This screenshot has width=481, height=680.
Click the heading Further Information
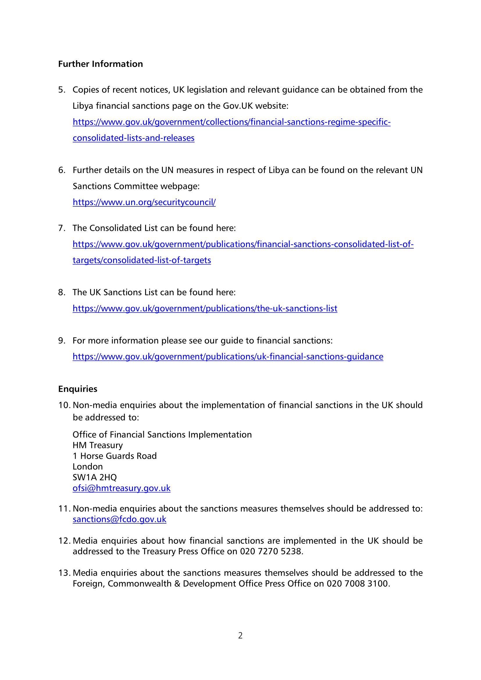(x=100, y=64)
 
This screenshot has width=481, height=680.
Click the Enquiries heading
(x=78, y=389)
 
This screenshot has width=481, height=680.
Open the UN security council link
(x=144, y=202)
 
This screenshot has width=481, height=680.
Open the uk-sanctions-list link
(x=205, y=309)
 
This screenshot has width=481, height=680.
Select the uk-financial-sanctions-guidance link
(x=228, y=357)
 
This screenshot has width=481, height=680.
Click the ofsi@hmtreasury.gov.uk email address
(x=122, y=488)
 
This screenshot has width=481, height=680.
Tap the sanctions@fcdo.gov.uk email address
(x=119, y=519)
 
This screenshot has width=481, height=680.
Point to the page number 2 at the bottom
(x=240, y=636)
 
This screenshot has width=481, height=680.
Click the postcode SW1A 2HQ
(x=95, y=477)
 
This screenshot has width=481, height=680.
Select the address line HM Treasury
(x=98, y=445)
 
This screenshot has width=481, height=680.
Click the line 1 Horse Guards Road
(x=115, y=456)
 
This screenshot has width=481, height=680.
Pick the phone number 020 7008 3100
(x=357, y=584)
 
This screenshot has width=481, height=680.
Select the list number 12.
(x=64, y=541)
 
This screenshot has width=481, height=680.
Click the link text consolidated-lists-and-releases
(x=133, y=138)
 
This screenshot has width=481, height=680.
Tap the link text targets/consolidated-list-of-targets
(x=142, y=260)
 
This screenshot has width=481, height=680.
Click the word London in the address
(x=88, y=467)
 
